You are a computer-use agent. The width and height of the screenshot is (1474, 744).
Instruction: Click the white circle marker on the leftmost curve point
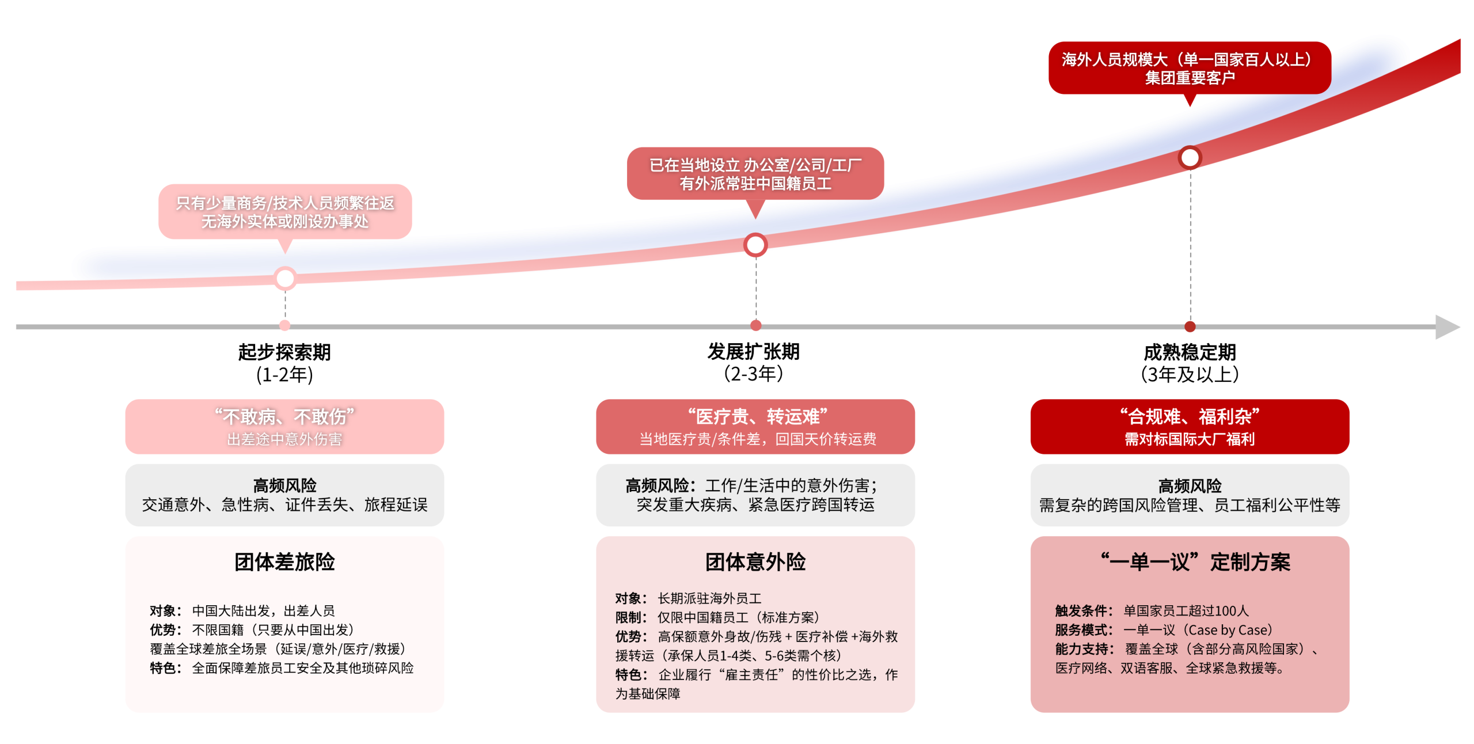[285, 279]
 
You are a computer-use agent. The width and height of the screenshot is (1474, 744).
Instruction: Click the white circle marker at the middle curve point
[755, 245]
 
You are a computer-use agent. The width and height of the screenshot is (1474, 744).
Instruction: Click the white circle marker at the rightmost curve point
[1190, 157]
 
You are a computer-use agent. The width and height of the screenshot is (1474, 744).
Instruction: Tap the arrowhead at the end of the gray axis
[1448, 327]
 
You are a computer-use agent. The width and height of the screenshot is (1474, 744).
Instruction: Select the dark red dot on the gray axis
[1190, 327]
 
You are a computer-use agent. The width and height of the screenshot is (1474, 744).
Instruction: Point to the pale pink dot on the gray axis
[285, 326]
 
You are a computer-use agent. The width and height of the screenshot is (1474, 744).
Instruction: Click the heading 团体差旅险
[284, 562]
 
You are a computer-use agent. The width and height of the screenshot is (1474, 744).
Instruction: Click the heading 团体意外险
[755, 562]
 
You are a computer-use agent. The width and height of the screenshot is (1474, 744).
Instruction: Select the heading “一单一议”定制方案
[1195, 562]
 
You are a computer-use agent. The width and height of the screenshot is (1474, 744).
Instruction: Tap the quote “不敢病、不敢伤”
[284, 416]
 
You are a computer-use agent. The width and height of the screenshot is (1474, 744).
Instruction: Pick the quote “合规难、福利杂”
[1190, 416]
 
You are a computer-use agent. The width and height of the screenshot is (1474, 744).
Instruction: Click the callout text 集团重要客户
[1190, 78]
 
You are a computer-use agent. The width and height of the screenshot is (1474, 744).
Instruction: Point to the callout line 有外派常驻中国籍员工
[755, 184]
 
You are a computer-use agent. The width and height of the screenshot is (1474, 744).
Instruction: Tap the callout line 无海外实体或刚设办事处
[284, 222]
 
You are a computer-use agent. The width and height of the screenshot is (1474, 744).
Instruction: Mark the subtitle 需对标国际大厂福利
[1190, 439]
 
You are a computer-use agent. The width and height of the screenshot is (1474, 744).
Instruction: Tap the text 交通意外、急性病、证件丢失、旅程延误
[284, 505]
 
